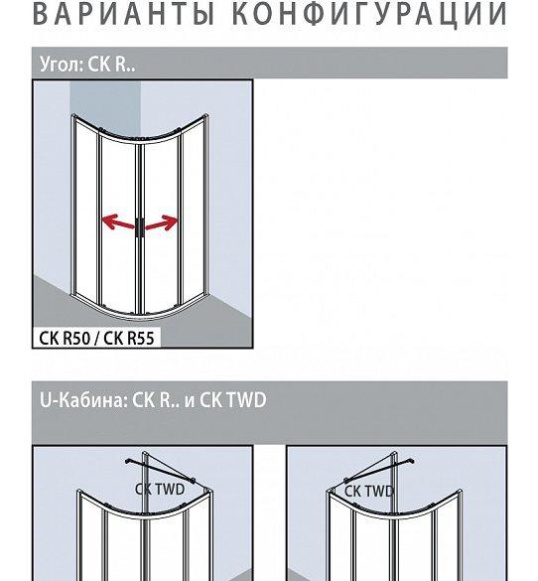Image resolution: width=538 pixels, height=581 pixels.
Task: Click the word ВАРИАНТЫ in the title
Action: [x=124, y=14]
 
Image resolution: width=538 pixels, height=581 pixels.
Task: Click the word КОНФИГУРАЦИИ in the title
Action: [x=369, y=15]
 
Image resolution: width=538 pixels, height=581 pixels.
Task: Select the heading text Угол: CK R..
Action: [x=87, y=64]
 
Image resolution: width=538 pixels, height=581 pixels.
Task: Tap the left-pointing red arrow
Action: [x=118, y=221]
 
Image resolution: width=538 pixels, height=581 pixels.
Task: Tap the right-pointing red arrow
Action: [x=162, y=222]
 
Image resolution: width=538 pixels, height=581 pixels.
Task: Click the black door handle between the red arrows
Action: [x=140, y=227]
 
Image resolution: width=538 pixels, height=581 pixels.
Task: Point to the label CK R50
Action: [x=65, y=338]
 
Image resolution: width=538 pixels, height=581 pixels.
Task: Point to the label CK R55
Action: [x=128, y=338]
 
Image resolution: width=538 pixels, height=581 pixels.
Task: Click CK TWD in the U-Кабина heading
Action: [x=233, y=399]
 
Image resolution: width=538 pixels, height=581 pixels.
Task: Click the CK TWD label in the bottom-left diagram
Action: [x=160, y=489]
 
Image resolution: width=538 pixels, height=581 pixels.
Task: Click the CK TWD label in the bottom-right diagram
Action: [x=369, y=492]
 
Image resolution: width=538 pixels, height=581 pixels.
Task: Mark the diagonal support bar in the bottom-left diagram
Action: [x=161, y=471]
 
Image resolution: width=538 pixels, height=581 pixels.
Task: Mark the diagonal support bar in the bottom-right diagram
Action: [x=378, y=471]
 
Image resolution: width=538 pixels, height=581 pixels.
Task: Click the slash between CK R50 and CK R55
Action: [x=96, y=339]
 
